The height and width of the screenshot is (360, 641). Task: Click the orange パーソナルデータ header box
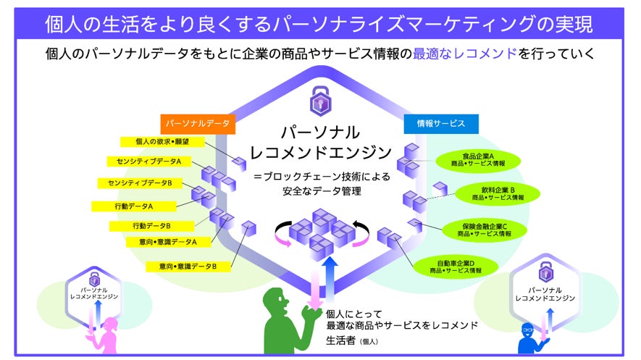click(x=198, y=123)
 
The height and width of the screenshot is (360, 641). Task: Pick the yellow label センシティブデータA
click(x=149, y=162)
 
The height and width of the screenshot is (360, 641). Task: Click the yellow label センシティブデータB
click(x=140, y=183)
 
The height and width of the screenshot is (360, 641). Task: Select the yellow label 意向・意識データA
click(x=167, y=240)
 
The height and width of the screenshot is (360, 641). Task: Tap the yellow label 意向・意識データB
click(x=188, y=267)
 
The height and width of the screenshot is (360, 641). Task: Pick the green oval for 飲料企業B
click(x=498, y=193)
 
